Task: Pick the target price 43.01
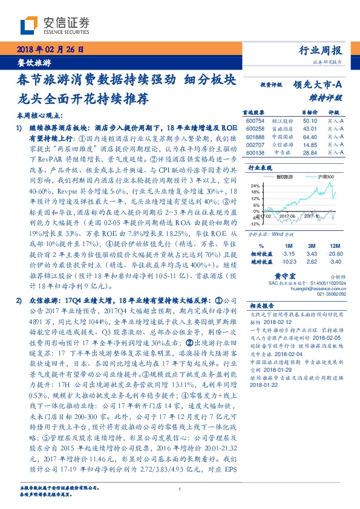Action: pos(310,129)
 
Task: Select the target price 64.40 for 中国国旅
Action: pos(310,137)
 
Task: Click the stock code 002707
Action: pos(256,145)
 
